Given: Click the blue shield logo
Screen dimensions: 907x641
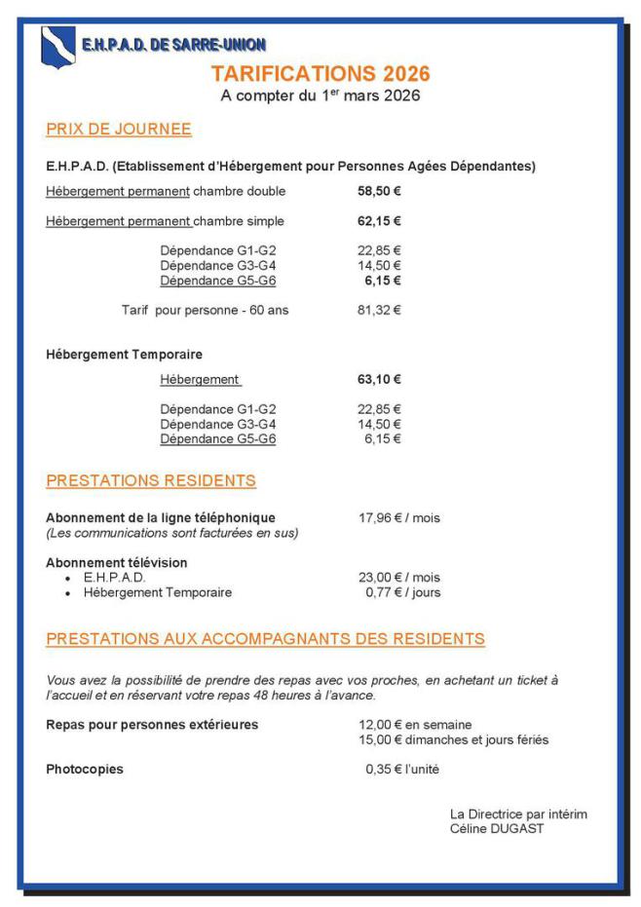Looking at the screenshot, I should [57, 46].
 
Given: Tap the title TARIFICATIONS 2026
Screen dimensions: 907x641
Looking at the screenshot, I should [320, 74].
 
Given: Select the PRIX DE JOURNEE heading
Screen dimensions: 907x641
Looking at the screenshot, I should [118, 130].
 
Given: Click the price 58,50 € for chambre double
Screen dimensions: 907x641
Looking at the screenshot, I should [379, 191].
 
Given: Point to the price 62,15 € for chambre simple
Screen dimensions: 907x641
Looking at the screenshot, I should [379, 221].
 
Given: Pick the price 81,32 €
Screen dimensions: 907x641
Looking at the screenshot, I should [379, 311].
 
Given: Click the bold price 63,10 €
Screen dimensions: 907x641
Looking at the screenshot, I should [379, 380].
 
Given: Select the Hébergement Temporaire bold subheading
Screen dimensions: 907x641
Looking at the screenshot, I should [124, 355].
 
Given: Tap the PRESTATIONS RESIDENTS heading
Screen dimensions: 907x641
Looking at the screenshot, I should [151, 481].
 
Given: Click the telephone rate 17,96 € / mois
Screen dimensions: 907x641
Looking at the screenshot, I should [399, 518].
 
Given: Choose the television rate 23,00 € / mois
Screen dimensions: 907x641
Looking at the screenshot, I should [399, 578].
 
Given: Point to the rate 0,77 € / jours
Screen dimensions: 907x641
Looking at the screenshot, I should [402, 592].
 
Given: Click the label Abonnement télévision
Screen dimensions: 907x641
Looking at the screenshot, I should [117, 563].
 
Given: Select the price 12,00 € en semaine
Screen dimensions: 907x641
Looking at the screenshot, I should [415, 725].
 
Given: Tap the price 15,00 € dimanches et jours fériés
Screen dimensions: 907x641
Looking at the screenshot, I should [453, 740].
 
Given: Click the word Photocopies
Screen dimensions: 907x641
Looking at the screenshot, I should [85, 770].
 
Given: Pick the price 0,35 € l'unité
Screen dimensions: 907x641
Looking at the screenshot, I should [401, 770].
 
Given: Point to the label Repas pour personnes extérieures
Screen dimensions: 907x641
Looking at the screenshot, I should [152, 725].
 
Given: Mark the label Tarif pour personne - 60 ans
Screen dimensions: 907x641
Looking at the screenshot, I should [205, 311].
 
